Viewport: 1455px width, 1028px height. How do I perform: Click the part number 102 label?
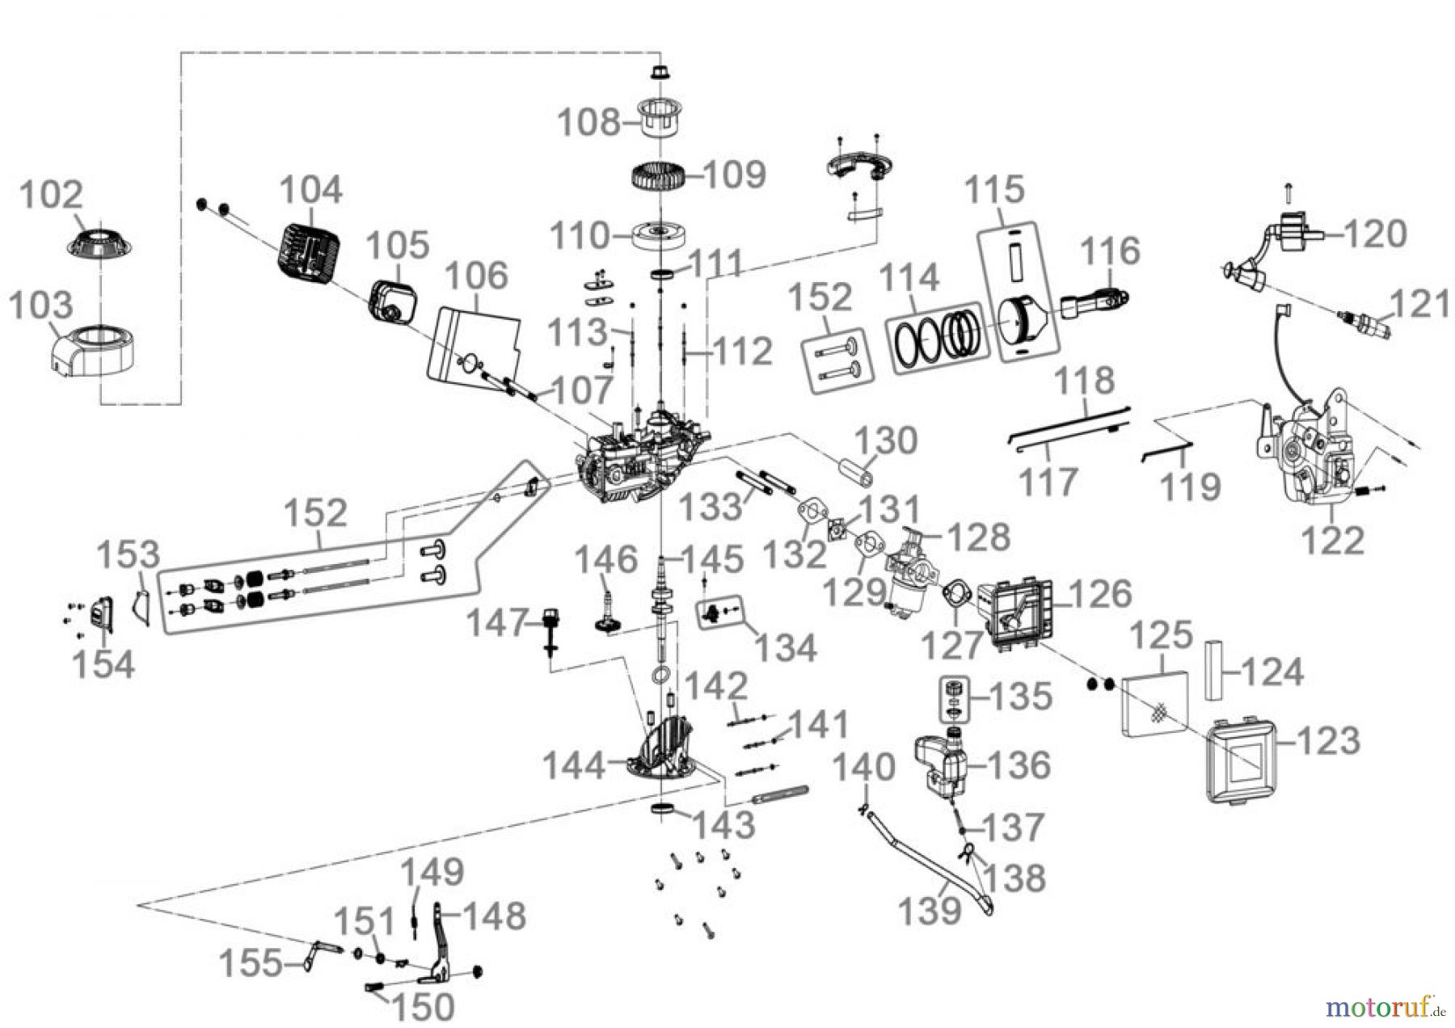point(51,196)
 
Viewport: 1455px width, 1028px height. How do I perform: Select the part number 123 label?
point(1330,740)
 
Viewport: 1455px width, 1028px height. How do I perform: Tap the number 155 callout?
point(251,963)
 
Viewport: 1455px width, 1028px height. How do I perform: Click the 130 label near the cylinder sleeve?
point(886,441)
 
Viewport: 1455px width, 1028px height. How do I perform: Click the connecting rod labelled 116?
point(1090,303)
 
